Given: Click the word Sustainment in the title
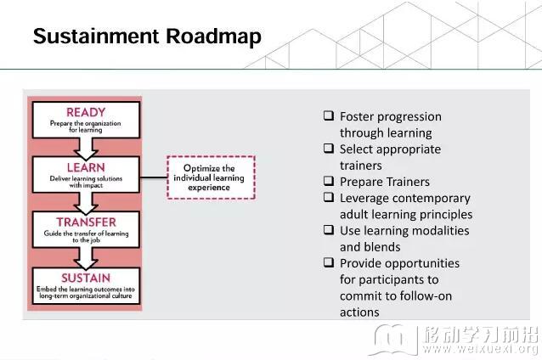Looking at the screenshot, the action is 96,36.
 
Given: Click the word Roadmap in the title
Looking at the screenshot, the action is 213,37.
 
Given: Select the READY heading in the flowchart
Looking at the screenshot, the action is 86,112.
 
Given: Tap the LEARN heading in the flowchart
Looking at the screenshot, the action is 86,167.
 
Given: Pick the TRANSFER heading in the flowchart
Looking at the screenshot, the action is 86,222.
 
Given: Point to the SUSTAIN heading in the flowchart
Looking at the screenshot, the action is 86,278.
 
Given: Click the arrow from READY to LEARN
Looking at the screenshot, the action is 86,149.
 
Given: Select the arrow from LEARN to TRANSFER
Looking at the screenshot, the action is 86,203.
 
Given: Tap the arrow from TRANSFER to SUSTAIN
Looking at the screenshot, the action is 86,258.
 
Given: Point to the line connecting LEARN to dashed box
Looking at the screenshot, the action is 154,177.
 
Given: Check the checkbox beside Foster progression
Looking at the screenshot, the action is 329,115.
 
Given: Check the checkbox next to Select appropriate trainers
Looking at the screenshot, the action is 329,149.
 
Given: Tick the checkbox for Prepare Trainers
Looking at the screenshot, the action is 329,181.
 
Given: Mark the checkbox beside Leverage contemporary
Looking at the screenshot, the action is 329,197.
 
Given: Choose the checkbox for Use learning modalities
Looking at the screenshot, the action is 329,230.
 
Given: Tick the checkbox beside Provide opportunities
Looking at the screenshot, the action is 329,262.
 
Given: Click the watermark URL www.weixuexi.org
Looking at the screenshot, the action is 481,348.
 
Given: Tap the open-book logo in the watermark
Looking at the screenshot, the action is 393,340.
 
